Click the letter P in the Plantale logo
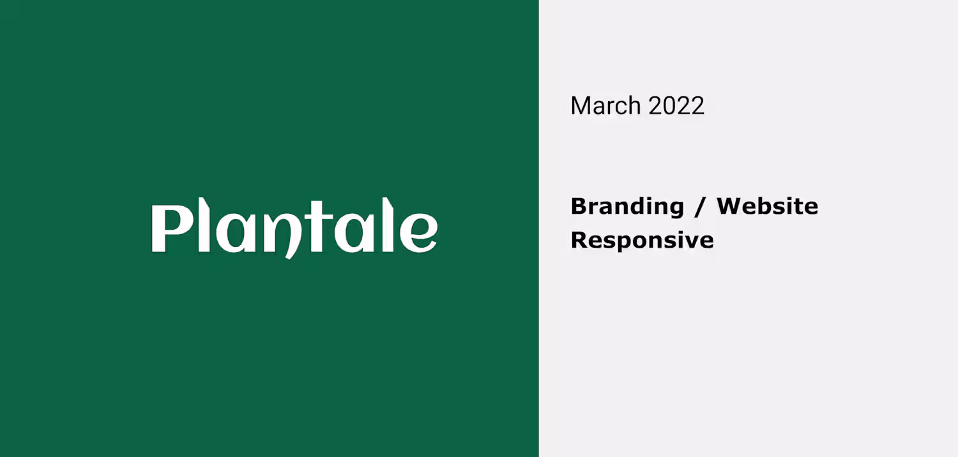(x=171, y=228)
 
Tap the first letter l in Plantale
(x=204, y=225)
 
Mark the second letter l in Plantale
(x=388, y=225)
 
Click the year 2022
(x=676, y=105)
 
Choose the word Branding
(x=627, y=207)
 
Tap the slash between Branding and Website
(x=700, y=207)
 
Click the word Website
(x=768, y=206)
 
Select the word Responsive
(x=642, y=241)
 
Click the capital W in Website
(x=731, y=206)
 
